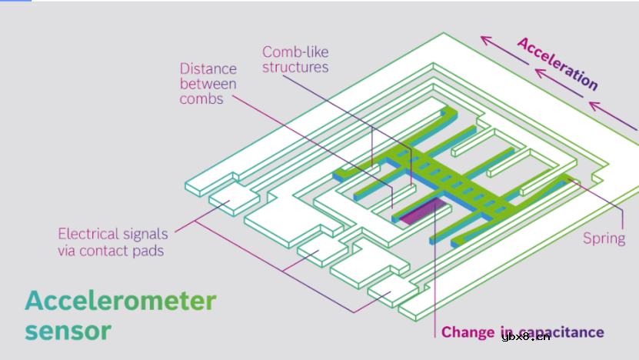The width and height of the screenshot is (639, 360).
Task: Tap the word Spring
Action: (x=604, y=238)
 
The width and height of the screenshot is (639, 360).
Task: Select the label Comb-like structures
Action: (x=295, y=59)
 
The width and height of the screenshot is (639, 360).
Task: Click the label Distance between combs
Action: (x=208, y=83)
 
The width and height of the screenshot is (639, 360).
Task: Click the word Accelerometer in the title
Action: (x=121, y=300)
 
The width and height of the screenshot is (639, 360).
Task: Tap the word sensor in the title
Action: (x=68, y=331)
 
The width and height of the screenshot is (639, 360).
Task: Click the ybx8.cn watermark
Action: (x=525, y=335)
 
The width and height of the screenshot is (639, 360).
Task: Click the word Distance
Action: (x=208, y=68)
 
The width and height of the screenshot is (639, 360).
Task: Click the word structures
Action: (x=295, y=68)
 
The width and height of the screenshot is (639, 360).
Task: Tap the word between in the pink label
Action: (x=208, y=83)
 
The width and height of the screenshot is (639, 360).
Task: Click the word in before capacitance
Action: (x=501, y=332)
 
